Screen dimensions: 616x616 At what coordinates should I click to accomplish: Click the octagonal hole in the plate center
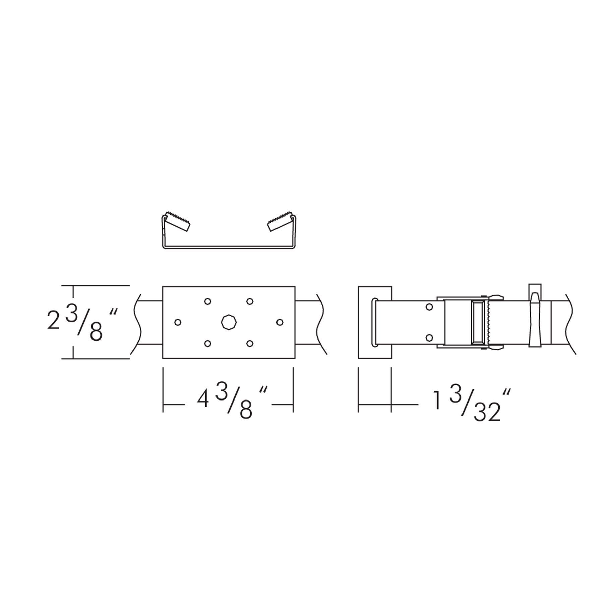click(229, 322)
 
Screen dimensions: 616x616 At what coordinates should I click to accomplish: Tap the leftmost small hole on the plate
click(178, 322)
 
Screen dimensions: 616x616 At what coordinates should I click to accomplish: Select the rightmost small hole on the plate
click(280, 322)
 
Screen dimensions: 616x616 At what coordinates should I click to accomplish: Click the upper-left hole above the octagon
click(208, 301)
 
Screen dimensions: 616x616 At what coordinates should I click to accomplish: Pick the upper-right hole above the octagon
click(250, 301)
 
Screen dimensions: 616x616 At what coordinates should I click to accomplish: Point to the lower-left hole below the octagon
click(208, 344)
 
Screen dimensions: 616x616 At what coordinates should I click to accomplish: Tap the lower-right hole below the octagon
click(250, 344)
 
